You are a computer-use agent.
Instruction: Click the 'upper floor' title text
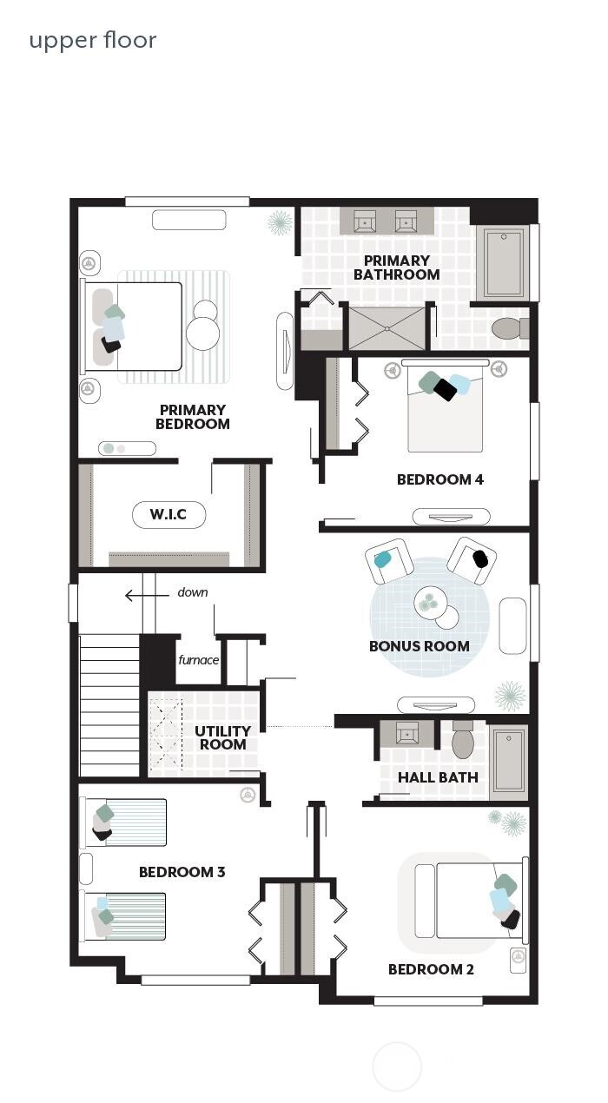tap(93, 40)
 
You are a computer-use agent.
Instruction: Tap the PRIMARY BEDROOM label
tap(193, 417)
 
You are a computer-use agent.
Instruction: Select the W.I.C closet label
tap(169, 514)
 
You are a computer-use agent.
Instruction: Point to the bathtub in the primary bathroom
tap(502, 263)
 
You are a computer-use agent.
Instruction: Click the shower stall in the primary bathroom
tap(387, 327)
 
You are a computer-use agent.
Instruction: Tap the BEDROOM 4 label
tap(439, 479)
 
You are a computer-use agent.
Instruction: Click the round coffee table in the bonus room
tap(432, 601)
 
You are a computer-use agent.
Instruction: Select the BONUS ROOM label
tap(419, 646)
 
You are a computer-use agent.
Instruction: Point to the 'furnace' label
tap(199, 660)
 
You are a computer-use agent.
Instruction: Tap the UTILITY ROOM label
tap(222, 737)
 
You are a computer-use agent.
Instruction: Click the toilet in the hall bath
tap(463, 740)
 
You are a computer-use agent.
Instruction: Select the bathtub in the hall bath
tap(508, 763)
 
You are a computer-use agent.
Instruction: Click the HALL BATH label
tap(438, 777)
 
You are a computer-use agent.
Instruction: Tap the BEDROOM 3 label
tap(182, 872)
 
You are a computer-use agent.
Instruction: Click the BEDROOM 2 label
tap(431, 969)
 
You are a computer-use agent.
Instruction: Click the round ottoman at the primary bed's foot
tap(203, 329)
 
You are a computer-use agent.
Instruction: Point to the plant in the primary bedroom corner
tap(280, 221)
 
